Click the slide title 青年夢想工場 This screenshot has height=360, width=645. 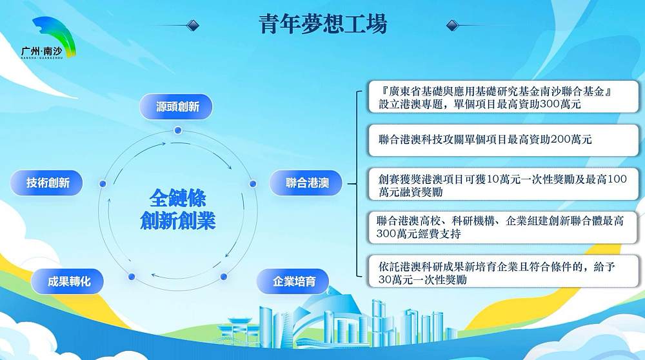click(323, 24)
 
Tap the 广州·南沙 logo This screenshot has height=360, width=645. click(49, 38)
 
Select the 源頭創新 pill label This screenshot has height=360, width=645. click(176, 106)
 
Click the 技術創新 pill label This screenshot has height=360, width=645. click(46, 183)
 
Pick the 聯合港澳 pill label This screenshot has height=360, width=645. click(306, 183)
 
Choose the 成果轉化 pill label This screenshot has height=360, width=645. click(67, 281)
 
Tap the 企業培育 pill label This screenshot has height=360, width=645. click(293, 281)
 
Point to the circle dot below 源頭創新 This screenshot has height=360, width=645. click(178, 130)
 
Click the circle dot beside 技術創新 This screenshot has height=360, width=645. click(103, 183)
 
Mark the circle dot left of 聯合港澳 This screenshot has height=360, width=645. click(253, 183)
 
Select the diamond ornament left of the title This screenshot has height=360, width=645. click(192, 26)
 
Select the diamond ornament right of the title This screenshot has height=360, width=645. click(453, 26)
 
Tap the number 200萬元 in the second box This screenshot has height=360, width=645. click(571, 139)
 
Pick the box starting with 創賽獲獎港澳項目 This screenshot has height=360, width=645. click(504, 184)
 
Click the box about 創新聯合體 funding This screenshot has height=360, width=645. click(504, 227)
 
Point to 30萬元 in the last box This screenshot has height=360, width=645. click(396, 280)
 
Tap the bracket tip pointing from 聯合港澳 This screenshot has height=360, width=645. click(348, 183)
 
